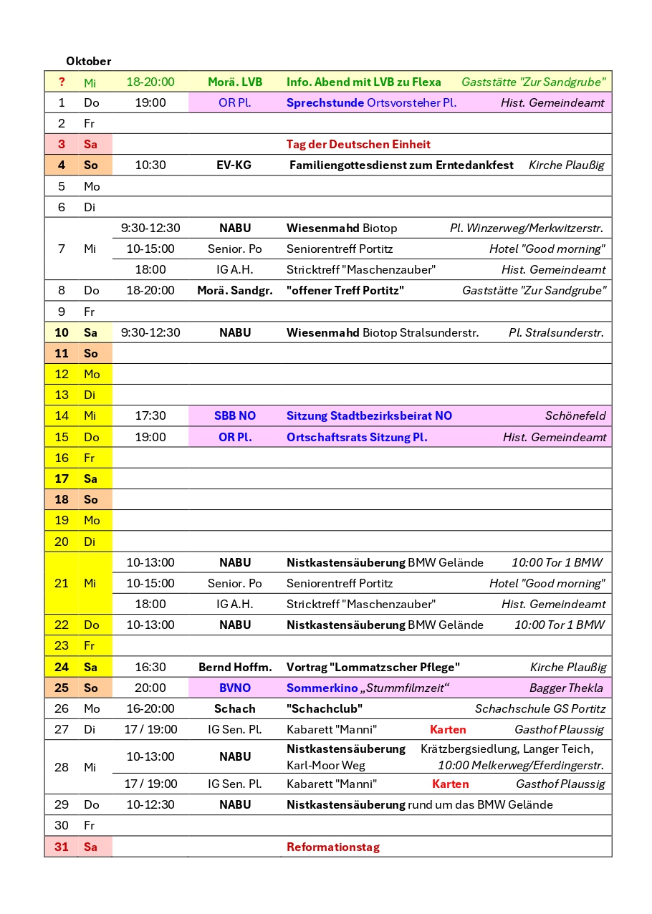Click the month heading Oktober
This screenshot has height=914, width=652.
point(88,62)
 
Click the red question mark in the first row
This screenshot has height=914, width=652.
point(62,82)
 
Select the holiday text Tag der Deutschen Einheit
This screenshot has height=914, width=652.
point(358,144)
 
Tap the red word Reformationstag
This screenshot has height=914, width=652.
point(332,847)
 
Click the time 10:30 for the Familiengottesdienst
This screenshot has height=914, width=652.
point(150,165)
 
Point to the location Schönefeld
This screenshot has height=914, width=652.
point(575,415)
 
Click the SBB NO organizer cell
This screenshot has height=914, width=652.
point(235,415)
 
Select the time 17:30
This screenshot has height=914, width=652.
point(150,415)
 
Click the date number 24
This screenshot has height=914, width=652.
point(62,667)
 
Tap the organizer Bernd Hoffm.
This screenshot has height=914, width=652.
point(235,667)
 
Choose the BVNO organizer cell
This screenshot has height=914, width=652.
point(235,688)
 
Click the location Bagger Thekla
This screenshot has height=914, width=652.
point(566,688)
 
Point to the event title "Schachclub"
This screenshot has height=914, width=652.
point(325,708)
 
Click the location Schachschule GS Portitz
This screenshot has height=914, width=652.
point(540,708)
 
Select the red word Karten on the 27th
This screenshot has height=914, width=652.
point(448,729)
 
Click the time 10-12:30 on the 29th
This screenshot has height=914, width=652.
point(150,804)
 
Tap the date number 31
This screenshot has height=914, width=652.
point(62,847)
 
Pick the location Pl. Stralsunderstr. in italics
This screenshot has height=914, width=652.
point(556,332)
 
